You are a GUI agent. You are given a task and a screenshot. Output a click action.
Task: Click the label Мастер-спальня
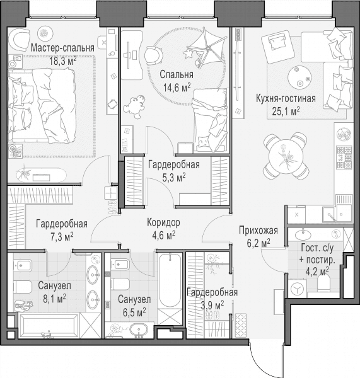pos(62,48)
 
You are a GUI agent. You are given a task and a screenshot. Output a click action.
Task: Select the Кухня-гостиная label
pos(286,99)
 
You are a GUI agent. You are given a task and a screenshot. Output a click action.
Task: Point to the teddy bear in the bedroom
pos(134,106)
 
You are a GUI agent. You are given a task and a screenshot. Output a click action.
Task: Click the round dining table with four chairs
pos(286,156)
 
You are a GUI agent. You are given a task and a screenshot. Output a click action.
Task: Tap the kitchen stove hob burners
pos(345,157)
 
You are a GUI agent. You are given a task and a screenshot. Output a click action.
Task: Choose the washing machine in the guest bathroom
pos(298,289)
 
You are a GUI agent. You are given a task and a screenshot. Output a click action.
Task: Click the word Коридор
pos(163,222)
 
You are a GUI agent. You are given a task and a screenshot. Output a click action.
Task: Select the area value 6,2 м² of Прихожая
pos(258,243)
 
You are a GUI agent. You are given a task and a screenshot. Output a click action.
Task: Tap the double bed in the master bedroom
pos(42,105)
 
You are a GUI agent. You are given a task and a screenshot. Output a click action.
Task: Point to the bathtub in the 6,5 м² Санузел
pos(170,280)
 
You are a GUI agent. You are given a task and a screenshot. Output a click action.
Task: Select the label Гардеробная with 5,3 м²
pos(174,164)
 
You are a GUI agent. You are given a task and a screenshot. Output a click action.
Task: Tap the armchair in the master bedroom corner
pos(19,40)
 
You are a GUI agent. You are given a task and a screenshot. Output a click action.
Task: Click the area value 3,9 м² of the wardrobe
pos(212,306)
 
